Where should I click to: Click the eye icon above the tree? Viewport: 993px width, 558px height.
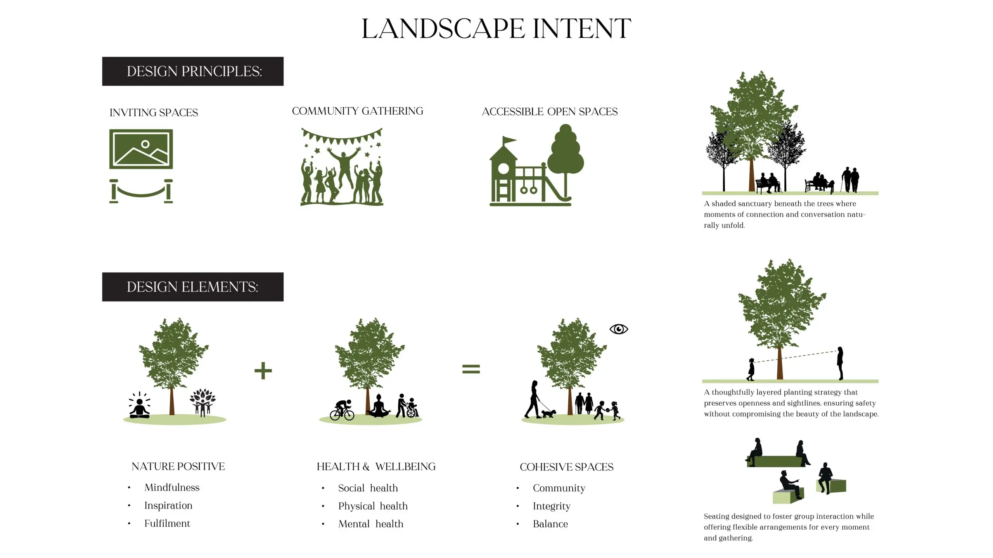[618, 329]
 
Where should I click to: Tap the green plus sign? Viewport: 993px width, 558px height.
[263, 370]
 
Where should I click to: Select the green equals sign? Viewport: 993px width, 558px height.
[471, 369]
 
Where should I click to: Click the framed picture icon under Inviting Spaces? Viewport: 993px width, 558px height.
[141, 149]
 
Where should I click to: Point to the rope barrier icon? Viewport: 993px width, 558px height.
[141, 191]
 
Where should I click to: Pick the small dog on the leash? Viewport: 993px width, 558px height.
[548, 413]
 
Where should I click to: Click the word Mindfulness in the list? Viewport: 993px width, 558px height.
[172, 487]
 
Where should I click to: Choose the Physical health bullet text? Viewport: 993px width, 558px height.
[373, 506]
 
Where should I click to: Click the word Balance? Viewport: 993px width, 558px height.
[550, 524]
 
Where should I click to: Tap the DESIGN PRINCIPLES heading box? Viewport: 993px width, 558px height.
[193, 71]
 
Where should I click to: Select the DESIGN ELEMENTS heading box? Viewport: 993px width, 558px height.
[193, 287]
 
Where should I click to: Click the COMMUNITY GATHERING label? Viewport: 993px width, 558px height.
[357, 111]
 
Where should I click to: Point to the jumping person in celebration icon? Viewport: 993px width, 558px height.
[344, 167]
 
